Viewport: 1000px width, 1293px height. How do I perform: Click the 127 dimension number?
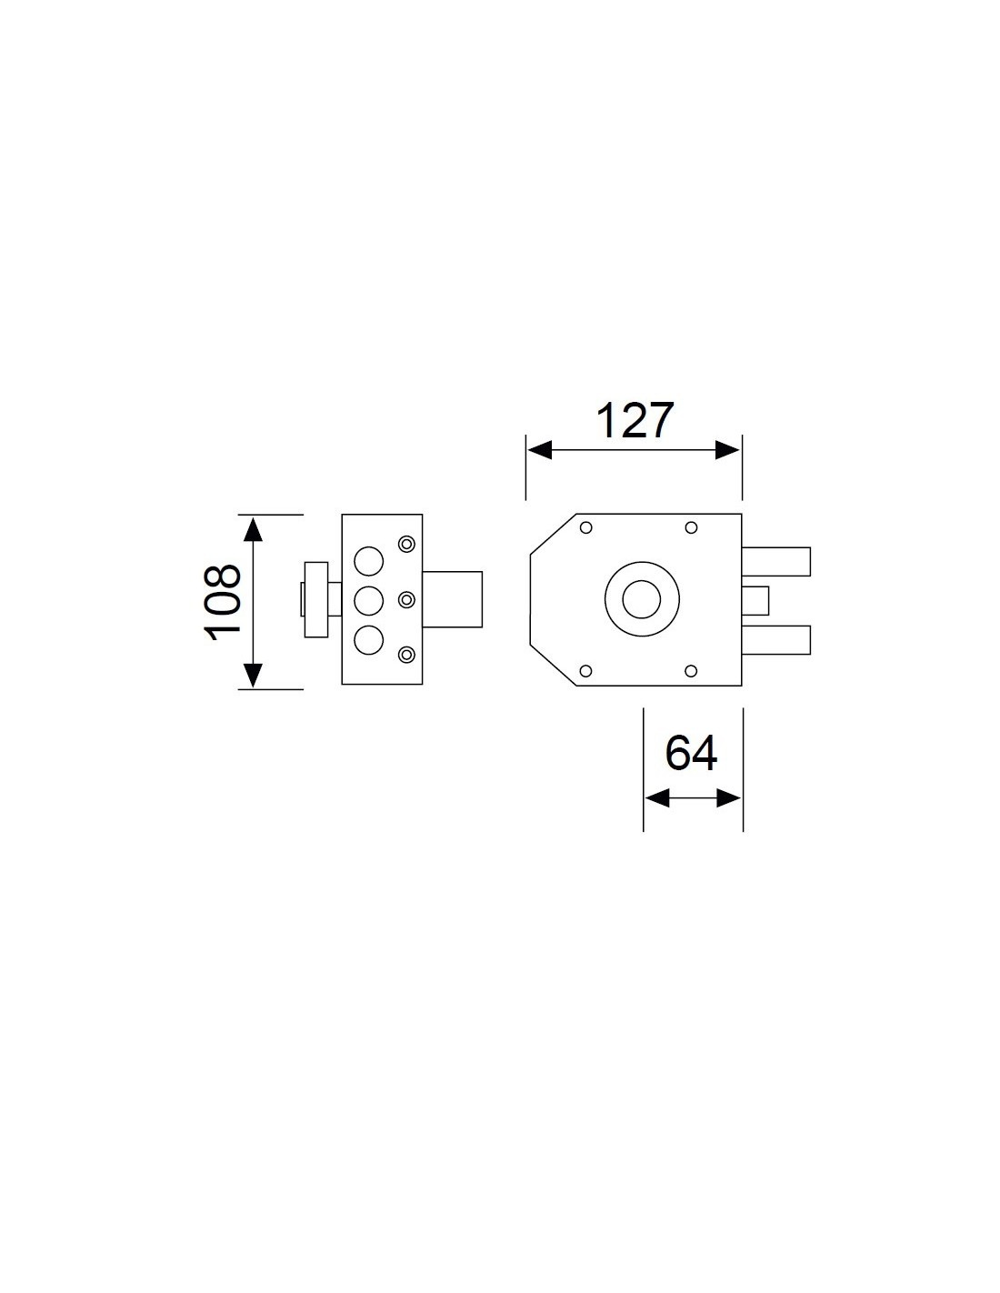635,421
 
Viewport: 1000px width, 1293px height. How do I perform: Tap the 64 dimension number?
691,753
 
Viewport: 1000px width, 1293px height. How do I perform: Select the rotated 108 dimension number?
222,602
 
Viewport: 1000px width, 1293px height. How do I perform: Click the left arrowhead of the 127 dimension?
540,450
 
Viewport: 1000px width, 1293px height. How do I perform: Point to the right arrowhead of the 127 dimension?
727,450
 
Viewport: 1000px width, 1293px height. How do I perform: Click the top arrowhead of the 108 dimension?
254,529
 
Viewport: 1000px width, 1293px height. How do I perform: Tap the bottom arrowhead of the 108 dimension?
254,676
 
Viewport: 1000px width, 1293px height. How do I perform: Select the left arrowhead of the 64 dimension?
657,798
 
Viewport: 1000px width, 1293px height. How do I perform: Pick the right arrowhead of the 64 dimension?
729,798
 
